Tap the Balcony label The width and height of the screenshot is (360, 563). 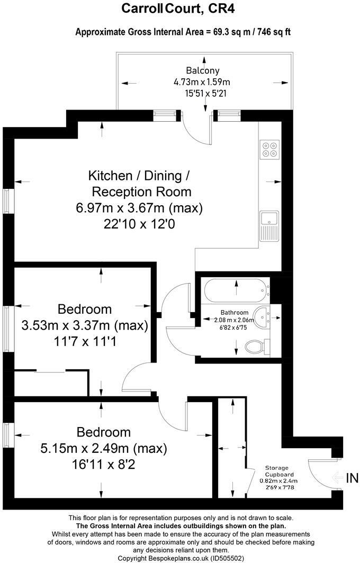coord(202,70)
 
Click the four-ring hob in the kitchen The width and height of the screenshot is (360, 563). coord(269,149)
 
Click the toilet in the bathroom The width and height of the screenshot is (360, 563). coord(257,347)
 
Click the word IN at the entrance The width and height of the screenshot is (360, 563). coord(352,478)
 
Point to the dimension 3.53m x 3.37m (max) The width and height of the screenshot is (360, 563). coord(85,325)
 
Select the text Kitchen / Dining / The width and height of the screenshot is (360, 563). coord(142,175)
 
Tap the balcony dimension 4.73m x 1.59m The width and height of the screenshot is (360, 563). coord(202,82)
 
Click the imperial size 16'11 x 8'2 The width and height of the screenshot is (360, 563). coord(104,466)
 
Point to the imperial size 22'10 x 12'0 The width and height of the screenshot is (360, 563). coord(140,224)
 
